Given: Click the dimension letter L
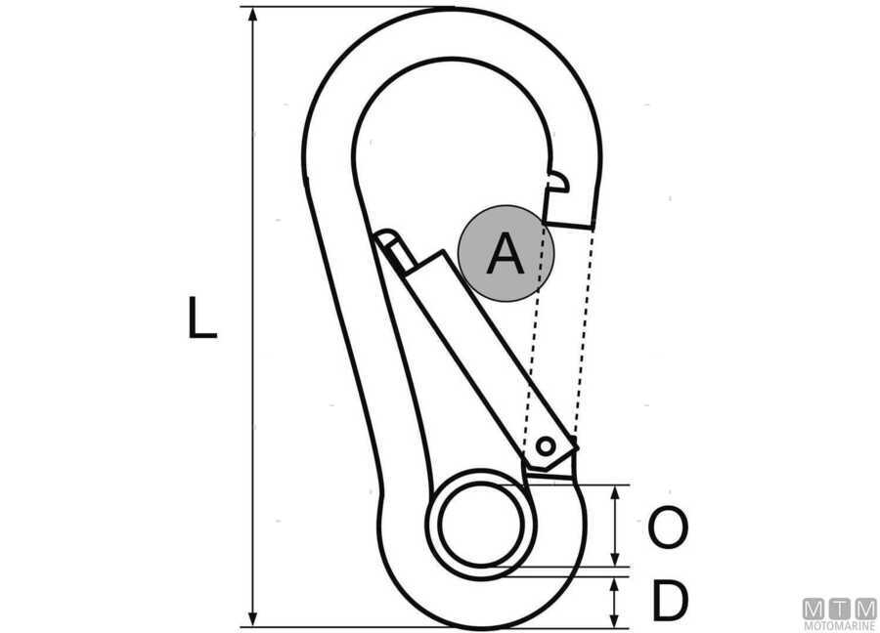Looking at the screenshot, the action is point(201,317).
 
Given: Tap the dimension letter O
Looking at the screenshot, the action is point(667,527).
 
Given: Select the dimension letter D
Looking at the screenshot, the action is point(670,601).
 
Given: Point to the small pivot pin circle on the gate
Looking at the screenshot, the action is point(546,446).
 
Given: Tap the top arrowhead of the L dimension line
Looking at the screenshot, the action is point(253,16).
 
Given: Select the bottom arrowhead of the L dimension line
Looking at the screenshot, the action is point(253,618).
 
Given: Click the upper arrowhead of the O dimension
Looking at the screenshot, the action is point(616,493).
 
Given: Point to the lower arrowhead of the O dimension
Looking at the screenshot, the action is point(616,558).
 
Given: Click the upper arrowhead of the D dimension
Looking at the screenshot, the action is point(616,586).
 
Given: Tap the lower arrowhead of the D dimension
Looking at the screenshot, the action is point(616,618).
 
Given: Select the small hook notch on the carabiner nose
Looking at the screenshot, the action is point(559,183).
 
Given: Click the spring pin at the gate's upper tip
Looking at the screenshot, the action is point(395,251).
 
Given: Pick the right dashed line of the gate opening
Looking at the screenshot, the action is point(583,332).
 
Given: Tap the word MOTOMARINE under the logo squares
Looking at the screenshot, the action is point(840,626).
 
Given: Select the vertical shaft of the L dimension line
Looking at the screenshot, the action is point(253,316).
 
